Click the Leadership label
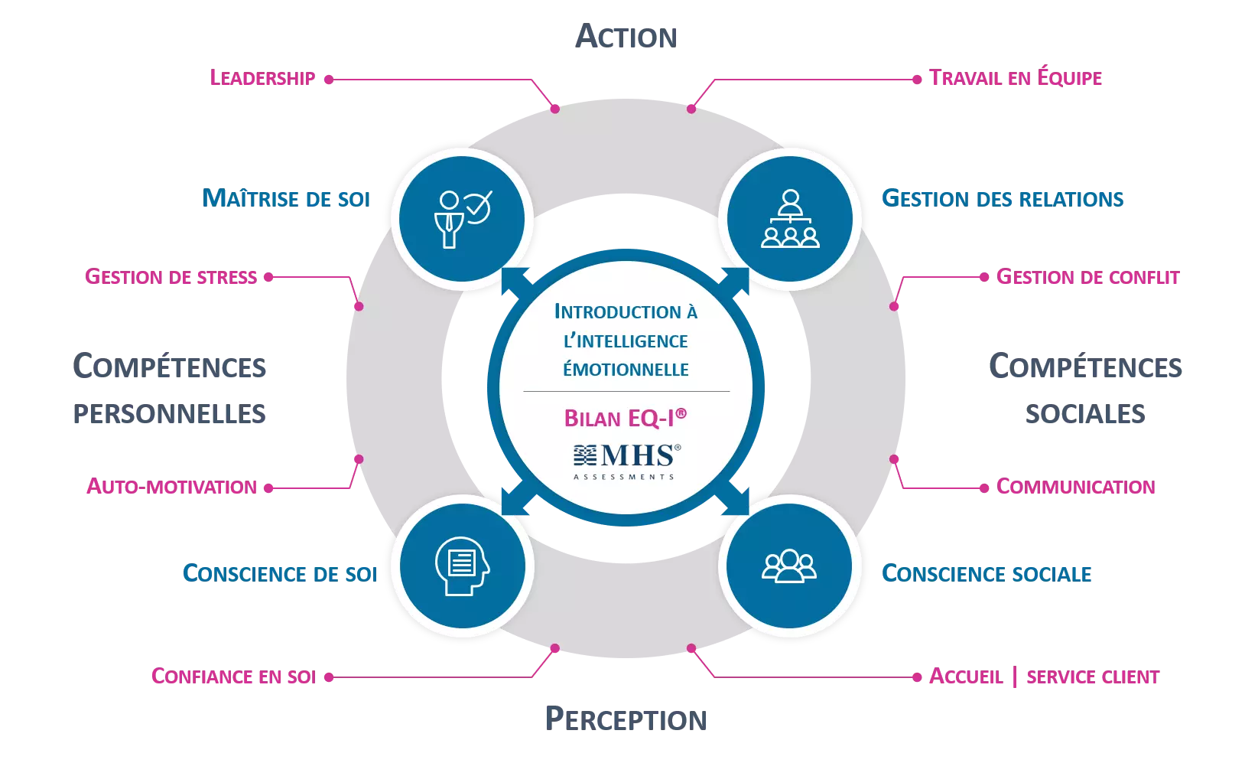262,77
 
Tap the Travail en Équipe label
1016,77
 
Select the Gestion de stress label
171,276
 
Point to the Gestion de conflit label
1088,277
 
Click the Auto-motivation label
171,487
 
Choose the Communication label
1076,487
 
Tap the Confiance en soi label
234,677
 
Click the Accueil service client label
1045,677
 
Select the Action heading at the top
627,36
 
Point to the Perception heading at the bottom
627,720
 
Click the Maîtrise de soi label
287,198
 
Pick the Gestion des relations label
1003,198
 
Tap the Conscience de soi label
281,572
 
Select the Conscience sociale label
987,572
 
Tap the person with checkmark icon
462,219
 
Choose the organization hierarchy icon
790,219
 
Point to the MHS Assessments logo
626,461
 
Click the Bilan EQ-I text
625,418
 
